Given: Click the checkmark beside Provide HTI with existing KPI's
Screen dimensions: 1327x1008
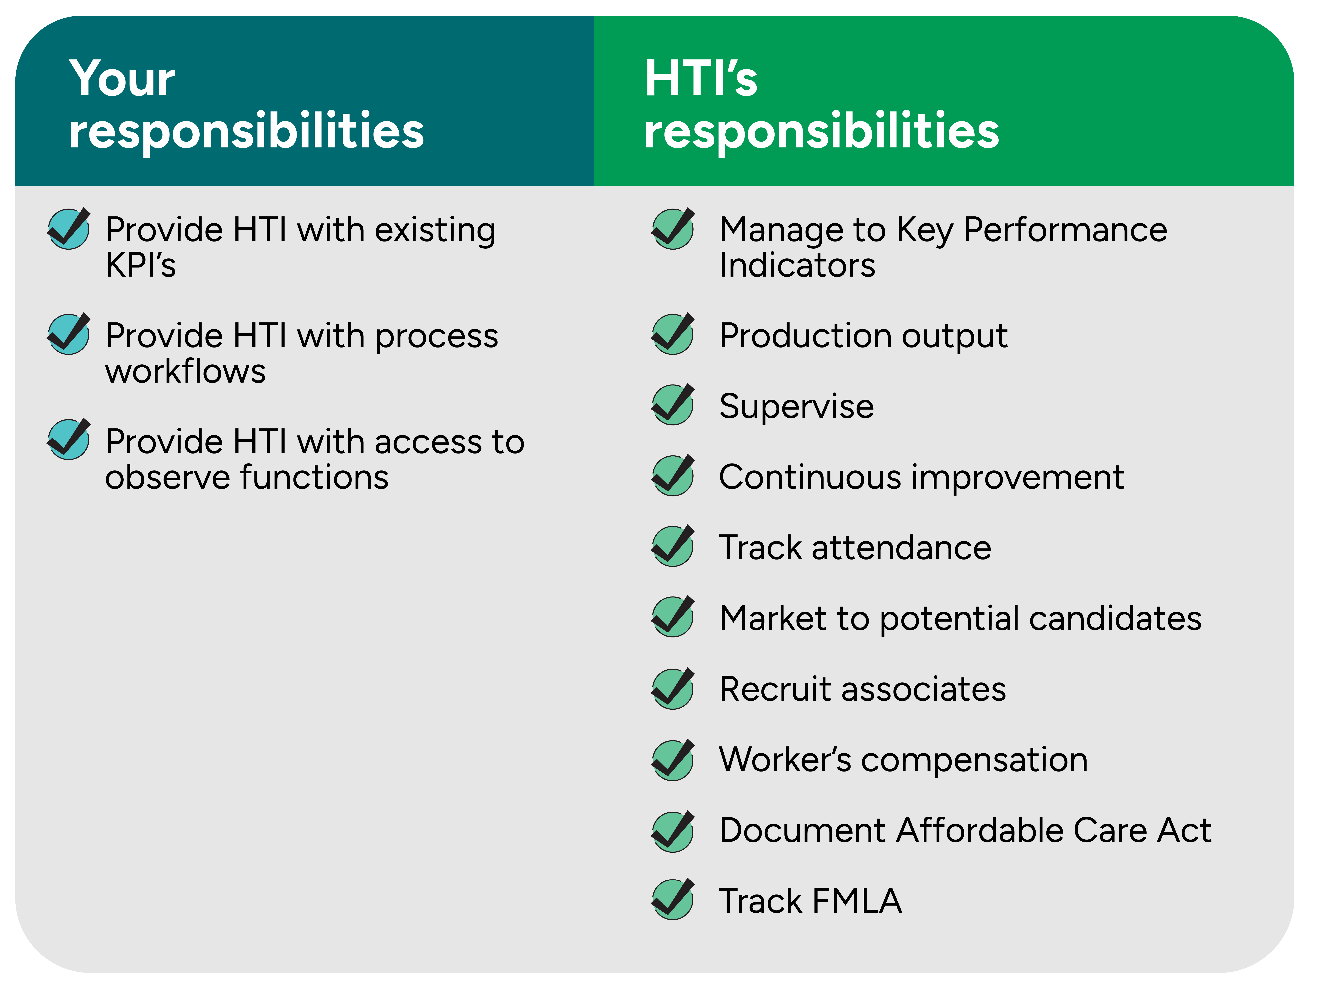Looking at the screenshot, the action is coord(69,229).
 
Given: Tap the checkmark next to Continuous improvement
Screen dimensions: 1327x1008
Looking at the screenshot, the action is coord(673,475).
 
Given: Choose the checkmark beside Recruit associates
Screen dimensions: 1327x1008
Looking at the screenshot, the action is coord(673,688).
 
